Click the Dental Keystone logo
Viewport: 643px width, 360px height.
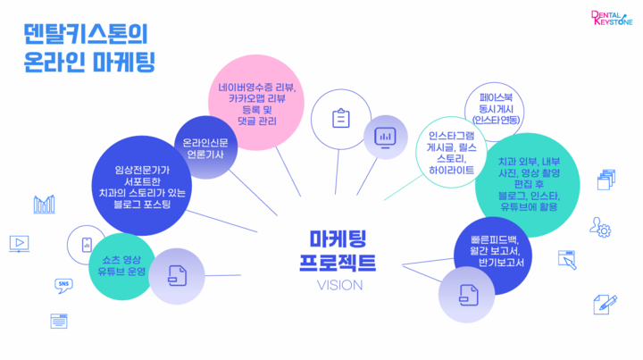point(612,18)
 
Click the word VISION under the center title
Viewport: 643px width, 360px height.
point(339,285)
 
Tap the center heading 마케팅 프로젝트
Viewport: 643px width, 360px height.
point(338,250)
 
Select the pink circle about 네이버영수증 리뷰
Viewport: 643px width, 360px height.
point(256,103)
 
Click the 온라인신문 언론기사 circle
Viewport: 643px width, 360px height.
point(205,147)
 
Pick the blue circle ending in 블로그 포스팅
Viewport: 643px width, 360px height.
point(142,186)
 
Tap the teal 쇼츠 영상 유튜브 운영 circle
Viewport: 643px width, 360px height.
point(121,266)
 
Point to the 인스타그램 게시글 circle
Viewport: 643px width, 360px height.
point(451,153)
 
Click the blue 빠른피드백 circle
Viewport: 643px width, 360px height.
point(493,255)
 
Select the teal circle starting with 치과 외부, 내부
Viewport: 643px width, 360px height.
point(528,185)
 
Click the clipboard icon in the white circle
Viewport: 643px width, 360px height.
point(341,119)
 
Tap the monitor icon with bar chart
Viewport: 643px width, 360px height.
point(385,138)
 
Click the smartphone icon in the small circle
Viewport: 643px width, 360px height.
point(87,245)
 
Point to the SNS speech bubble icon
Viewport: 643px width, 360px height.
point(63,286)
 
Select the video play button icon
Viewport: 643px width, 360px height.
point(19,244)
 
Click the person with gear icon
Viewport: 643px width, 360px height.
point(600,228)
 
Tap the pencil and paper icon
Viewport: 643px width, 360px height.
point(605,305)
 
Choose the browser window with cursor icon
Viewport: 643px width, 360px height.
point(568,260)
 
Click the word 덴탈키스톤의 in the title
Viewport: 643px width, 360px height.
point(86,34)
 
